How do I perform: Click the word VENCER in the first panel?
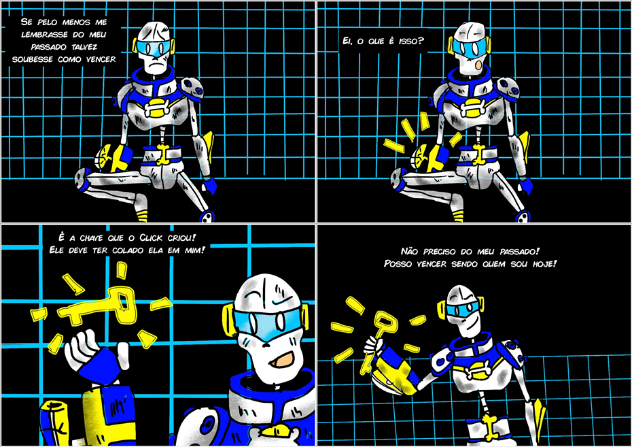101,59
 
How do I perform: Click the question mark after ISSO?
421,40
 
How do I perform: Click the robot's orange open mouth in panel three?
283,359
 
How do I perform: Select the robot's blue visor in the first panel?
155,48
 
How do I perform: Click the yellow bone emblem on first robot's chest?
161,106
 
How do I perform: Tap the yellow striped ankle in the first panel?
142,216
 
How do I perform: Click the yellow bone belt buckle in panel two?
479,154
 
